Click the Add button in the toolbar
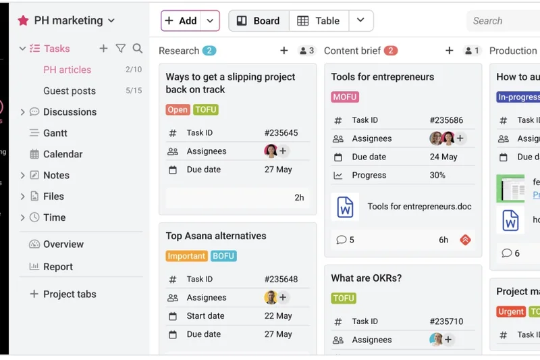pyautogui.click(x=181, y=21)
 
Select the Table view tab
pyautogui.click(x=319, y=21)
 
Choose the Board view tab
pyautogui.click(x=259, y=21)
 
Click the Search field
pyautogui.click(x=503, y=21)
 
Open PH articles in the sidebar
pyautogui.click(x=67, y=70)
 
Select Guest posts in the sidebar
pyautogui.click(x=70, y=91)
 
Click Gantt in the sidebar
pyautogui.click(x=55, y=133)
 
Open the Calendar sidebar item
pyautogui.click(x=63, y=154)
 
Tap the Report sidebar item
pyautogui.click(x=58, y=267)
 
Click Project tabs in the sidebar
pyautogui.click(x=70, y=294)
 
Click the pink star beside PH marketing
pyautogui.click(x=24, y=21)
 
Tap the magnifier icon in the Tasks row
pyautogui.click(x=138, y=49)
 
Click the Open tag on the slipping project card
pyautogui.click(x=178, y=109)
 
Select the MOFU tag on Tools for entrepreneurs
pyautogui.click(x=344, y=97)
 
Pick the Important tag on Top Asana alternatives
pyautogui.click(x=186, y=256)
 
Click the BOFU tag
pyautogui.click(x=223, y=256)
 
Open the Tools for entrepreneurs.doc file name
pyautogui.click(x=419, y=207)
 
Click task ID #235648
pyautogui.click(x=281, y=279)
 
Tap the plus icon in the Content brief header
pyautogui.click(x=449, y=51)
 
